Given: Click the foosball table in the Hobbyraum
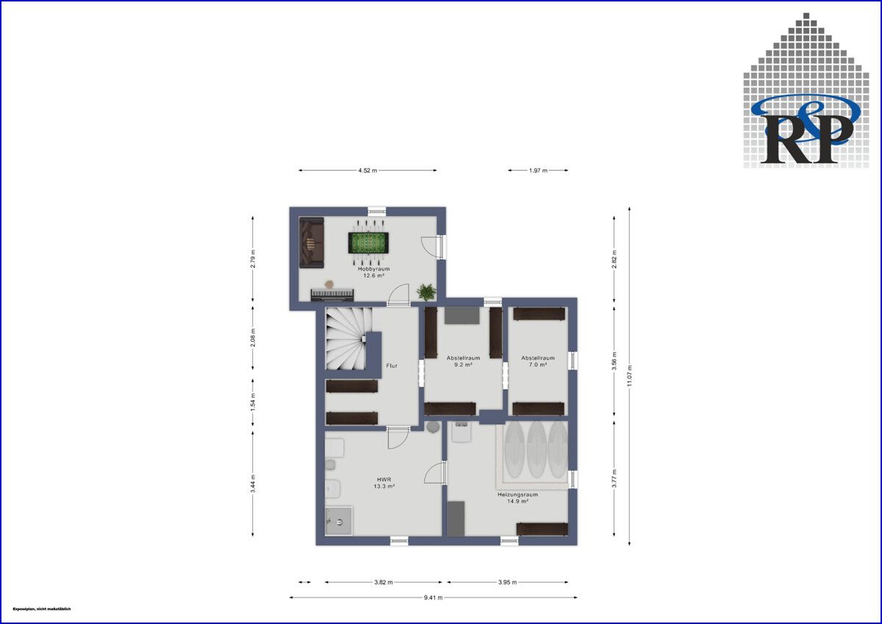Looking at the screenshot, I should click(367, 243).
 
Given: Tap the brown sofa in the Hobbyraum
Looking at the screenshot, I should click(311, 243).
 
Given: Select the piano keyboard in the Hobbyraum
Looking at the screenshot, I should click(333, 295).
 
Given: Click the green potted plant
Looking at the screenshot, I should click(426, 292).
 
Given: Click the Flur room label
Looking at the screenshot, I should click(392, 365).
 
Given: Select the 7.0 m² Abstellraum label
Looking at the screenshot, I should click(538, 361).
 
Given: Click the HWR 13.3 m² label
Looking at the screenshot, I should click(384, 482).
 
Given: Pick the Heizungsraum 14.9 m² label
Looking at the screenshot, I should click(517, 498).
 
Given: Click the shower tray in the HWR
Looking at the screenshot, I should click(338, 521).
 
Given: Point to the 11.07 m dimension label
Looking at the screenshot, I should click(630, 376).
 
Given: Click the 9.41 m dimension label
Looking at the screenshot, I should click(434, 598).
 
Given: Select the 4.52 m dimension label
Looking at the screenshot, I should click(367, 171).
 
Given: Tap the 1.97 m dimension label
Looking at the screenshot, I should click(539, 171).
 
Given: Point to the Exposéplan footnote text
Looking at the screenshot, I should click(41, 609).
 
